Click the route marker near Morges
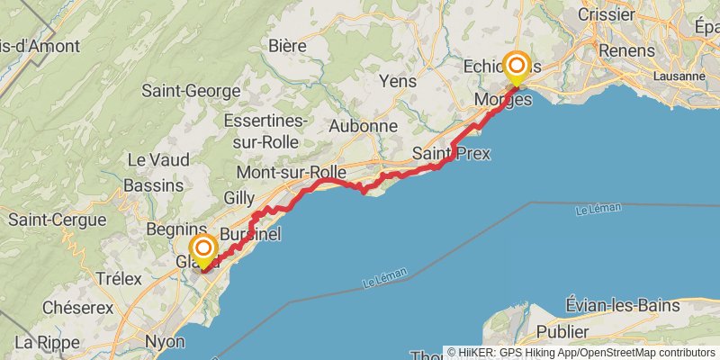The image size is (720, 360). click(x=517, y=66)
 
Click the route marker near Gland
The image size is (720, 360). click(x=204, y=248)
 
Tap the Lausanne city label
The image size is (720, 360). click(x=679, y=76)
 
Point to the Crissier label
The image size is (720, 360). click(x=608, y=15)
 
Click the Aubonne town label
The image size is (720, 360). click(x=363, y=126)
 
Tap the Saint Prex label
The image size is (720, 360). click(x=451, y=154)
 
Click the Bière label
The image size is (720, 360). click(x=287, y=45)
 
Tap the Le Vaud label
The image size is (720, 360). click(x=158, y=159)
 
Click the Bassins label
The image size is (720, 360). click(x=156, y=184)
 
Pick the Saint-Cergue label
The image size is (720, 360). click(x=51, y=219)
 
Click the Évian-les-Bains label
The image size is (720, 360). click(x=624, y=305)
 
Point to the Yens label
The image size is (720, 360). click(x=399, y=81)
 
